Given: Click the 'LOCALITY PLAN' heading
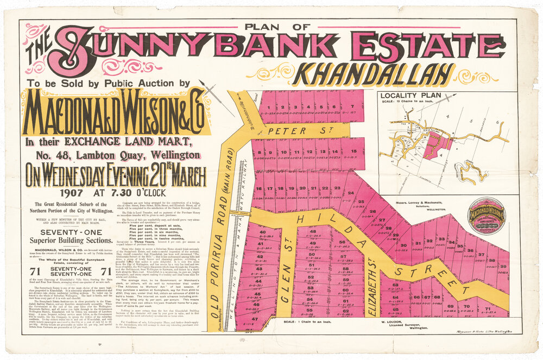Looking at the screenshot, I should click(416, 96).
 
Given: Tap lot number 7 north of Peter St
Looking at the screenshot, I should click(352, 106).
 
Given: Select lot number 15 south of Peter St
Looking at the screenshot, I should click(353, 151).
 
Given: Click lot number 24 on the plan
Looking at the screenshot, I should click(351, 193).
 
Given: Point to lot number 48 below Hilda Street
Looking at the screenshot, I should click(312, 232).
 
